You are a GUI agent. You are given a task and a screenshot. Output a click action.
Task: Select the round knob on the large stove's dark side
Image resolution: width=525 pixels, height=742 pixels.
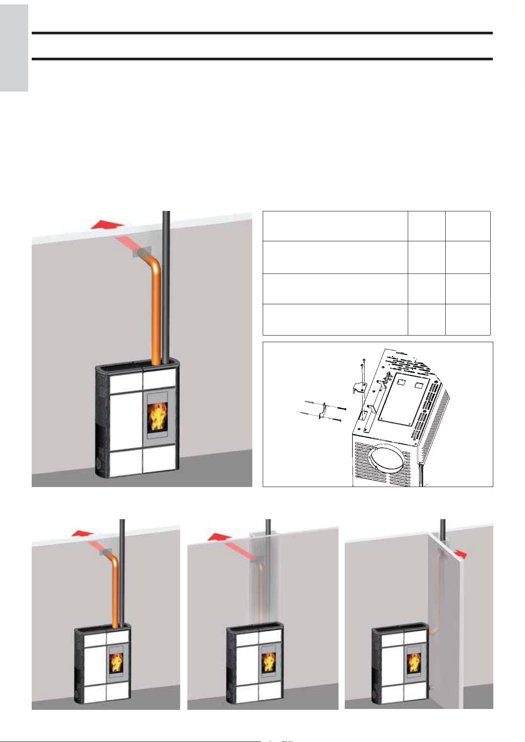click(x=97, y=464)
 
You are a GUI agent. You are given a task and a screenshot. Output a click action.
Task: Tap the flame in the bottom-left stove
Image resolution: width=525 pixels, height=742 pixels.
click(x=116, y=662)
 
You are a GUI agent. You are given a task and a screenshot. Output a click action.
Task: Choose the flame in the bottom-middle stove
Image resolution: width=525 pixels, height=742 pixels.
click(x=268, y=662)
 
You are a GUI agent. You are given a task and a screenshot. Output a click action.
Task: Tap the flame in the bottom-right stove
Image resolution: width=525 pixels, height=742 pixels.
click(x=413, y=662)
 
